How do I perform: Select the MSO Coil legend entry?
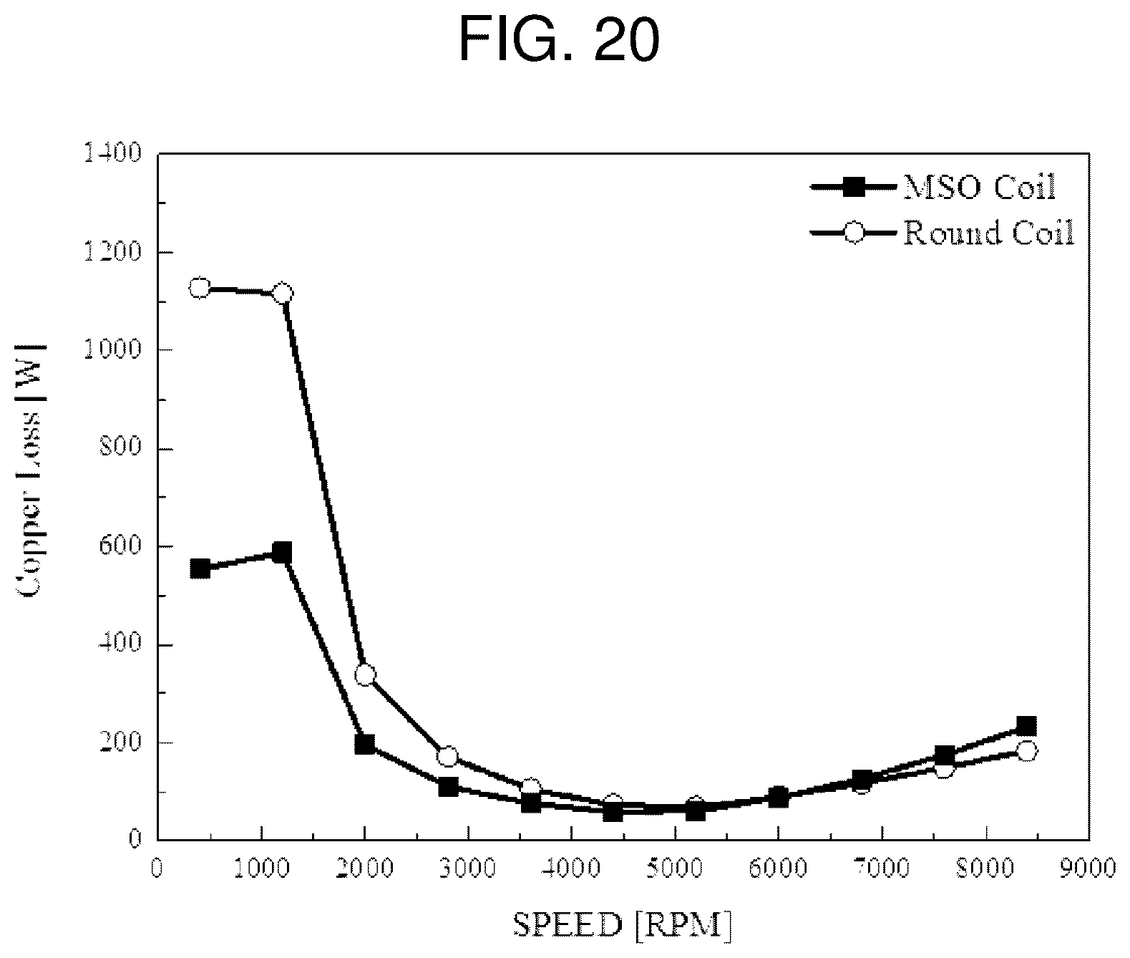[x=932, y=188]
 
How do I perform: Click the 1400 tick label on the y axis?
[x=112, y=153]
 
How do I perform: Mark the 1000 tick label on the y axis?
[x=112, y=349]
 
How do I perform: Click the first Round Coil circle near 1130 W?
[x=200, y=288]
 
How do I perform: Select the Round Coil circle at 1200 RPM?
[x=282, y=294]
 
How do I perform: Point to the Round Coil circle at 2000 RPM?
[x=365, y=674]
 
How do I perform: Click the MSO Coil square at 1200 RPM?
[x=282, y=553]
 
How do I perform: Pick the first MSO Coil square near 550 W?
[x=200, y=569]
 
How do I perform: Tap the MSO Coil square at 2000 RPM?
[x=365, y=744]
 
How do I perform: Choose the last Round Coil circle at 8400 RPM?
[x=1027, y=752]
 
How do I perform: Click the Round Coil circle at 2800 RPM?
[x=448, y=757]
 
